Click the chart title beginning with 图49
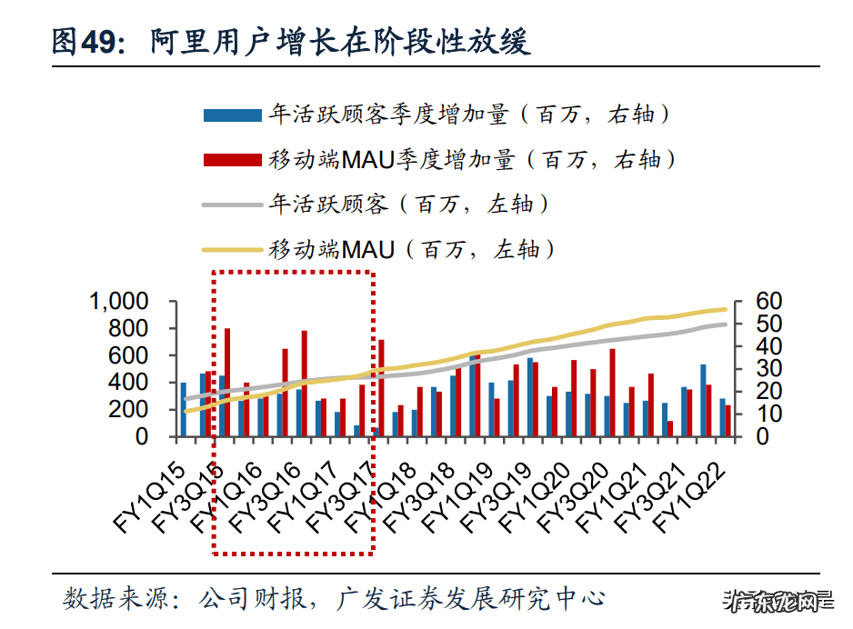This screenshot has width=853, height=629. pyautogui.click(x=291, y=43)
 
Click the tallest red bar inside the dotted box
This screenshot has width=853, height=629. pyautogui.click(x=227, y=382)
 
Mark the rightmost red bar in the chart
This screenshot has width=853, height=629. pyautogui.click(x=728, y=421)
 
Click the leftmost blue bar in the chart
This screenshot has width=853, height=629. pyautogui.click(x=183, y=409)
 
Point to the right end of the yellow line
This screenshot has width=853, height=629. pyautogui.click(x=726, y=310)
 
